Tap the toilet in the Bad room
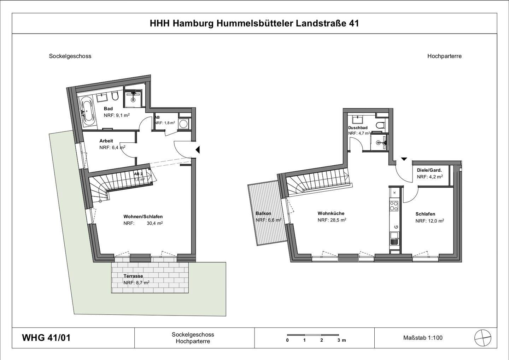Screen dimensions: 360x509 [115, 96]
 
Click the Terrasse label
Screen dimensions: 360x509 [133, 276]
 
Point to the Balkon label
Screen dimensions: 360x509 [263, 213]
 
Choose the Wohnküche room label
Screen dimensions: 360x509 [331, 213]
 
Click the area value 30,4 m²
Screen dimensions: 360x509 [154, 223]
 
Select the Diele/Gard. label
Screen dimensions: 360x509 [429, 170]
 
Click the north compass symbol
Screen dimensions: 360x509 [482, 337]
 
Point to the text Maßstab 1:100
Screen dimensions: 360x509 [423, 338]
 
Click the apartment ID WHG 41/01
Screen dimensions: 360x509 [46, 338]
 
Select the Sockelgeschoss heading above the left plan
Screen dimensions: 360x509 [70, 56]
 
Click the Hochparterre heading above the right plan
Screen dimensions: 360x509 [444, 56]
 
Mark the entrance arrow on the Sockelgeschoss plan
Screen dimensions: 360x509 [198, 150]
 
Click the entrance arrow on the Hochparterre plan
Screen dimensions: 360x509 [404, 159]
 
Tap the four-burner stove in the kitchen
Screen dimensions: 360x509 [394, 206]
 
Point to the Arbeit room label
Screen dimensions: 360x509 [106, 141]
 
